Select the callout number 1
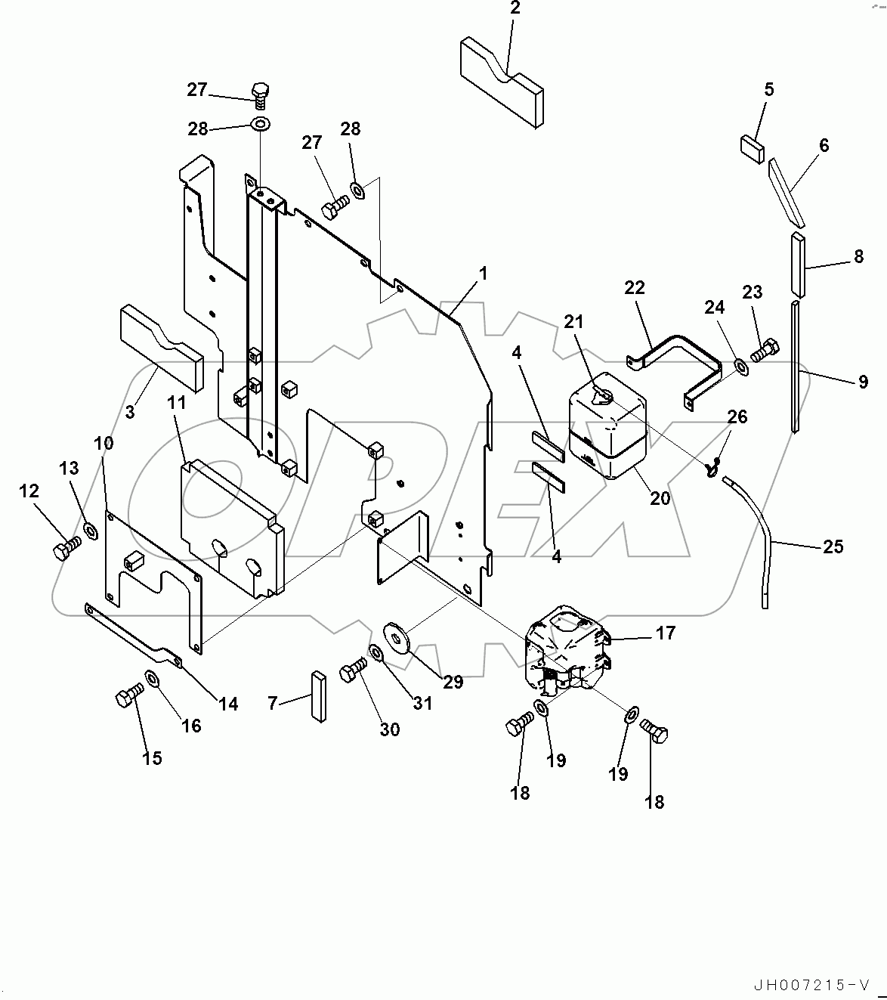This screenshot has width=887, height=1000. pyautogui.click(x=483, y=274)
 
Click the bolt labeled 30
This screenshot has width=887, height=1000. pyautogui.click(x=352, y=670)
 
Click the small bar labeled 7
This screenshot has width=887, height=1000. pyautogui.click(x=316, y=695)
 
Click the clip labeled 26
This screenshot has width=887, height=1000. pyautogui.click(x=712, y=468)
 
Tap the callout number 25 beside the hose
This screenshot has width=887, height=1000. pyautogui.click(x=833, y=546)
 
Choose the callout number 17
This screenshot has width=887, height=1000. pyautogui.click(x=665, y=633)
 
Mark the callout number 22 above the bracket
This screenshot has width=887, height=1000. pyautogui.click(x=635, y=288)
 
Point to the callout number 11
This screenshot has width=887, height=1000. pyautogui.click(x=176, y=404)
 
